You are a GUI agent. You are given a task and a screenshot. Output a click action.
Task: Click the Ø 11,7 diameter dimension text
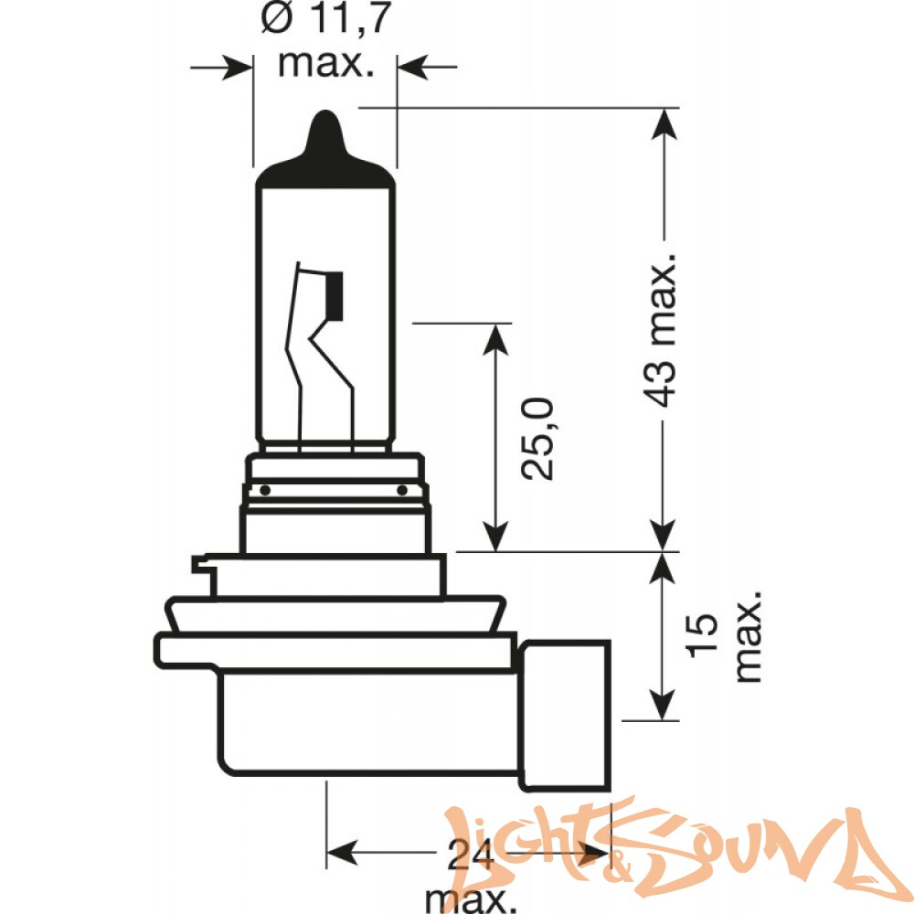(325, 18)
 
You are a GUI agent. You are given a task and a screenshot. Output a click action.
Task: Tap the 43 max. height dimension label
(661, 329)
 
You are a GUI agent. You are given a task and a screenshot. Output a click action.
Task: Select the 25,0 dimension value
(537, 439)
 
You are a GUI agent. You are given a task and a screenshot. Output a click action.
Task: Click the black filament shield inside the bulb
(334, 295)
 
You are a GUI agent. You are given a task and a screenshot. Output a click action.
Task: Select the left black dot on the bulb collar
(265, 490)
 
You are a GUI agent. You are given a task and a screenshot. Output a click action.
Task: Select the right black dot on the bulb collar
(401, 490)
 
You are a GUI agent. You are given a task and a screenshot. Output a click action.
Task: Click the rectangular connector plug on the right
(567, 716)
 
